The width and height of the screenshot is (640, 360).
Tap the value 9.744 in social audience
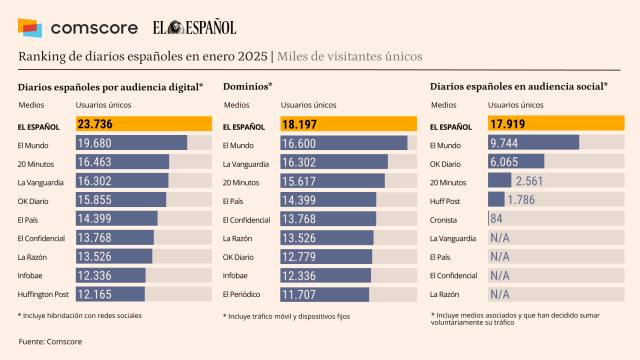pos(509,143)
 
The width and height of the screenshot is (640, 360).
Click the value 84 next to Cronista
pos(496,218)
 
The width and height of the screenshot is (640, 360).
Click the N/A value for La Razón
pos(500,294)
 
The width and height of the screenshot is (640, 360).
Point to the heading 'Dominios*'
pos(248,87)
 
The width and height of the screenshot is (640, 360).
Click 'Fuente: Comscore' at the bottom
pos(50,343)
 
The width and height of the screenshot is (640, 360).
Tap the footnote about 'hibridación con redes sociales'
pos(80,315)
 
